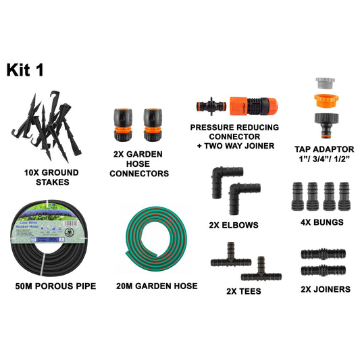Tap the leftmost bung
click(298, 196)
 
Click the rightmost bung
click(344, 196)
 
